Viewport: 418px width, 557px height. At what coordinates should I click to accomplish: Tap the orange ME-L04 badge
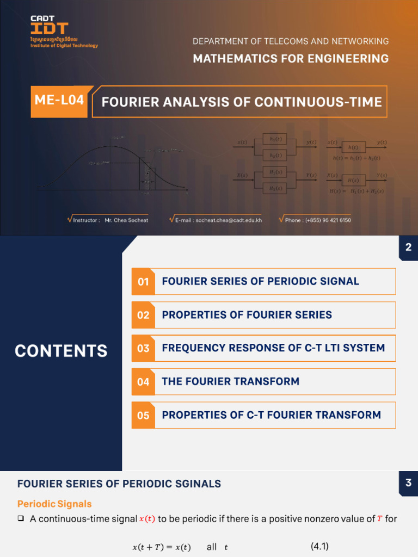(x=59, y=101)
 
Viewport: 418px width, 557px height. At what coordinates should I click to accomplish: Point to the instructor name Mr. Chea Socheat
(x=126, y=220)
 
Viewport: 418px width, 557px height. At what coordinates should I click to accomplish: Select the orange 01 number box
(x=143, y=282)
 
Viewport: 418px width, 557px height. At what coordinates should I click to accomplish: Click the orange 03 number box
(x=143, y=348)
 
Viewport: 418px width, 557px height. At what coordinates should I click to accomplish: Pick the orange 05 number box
(x=143, y=415)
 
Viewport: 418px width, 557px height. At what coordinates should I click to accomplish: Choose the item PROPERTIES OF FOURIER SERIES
(x=247, y=315)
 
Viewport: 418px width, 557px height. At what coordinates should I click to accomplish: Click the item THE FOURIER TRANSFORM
(x=230, y=381)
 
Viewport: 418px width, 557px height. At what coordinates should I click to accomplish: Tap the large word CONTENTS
(x=61, y=351)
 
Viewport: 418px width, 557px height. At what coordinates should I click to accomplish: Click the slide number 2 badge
(x=408, y=248)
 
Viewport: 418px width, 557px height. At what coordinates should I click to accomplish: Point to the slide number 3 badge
(x=408, y=483)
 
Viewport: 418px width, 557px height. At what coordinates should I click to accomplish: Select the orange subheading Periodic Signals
(x=54, y=504)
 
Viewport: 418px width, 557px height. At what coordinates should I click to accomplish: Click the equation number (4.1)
(x=319, y=547)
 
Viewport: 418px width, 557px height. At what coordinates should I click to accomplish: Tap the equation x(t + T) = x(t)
(x=162, y=547)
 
